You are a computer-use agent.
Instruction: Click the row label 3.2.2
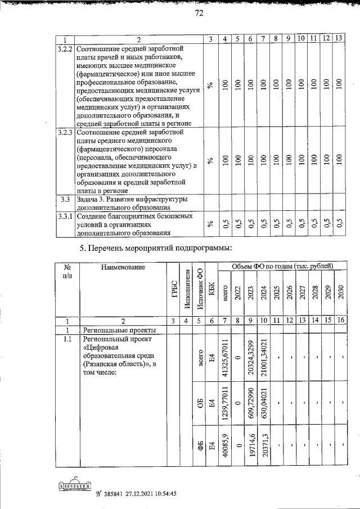[66, 49]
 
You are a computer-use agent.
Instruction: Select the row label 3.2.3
[66, 133]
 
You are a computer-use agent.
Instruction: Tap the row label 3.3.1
[66, 215]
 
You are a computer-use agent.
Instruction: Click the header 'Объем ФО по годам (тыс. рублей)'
[280, 265]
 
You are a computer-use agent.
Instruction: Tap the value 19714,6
[251, 448]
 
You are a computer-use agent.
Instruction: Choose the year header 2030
[340, 293]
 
